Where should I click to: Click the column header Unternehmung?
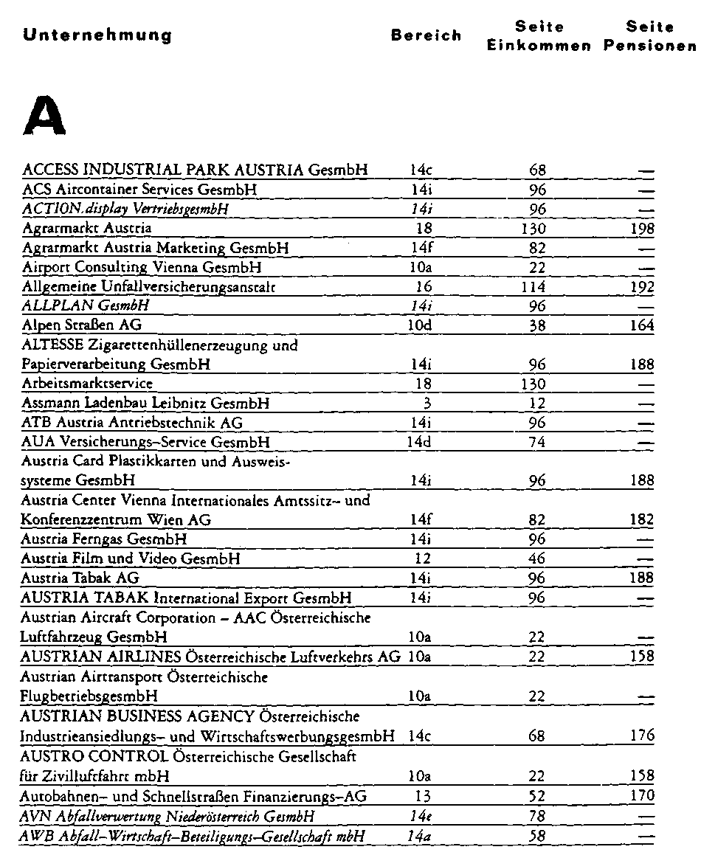(x=97, y=35)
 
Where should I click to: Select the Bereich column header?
(x=426, y=35)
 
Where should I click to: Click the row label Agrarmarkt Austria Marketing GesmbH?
(x=155, y=248)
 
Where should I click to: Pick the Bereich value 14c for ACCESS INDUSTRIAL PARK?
(x=421, y=170)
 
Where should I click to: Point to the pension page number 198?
(x=643, y=229)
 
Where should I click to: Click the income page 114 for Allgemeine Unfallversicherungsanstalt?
(x=537, y=286)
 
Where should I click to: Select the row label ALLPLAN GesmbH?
(x=86, y=305)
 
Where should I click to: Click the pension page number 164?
(x=643, y=325)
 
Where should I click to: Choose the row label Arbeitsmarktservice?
(x=87, y=384)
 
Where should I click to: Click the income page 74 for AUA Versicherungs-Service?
(x=537, y=443)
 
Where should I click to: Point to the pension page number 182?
(x=643, y=519)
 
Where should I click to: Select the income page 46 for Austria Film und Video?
(x=537, y=558)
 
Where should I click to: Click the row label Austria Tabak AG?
(x=80, y=578)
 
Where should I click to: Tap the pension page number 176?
(x=643, y=736)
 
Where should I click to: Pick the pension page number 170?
(x=643, y=795)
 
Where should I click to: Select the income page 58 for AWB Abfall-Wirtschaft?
(x=537, y=834)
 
